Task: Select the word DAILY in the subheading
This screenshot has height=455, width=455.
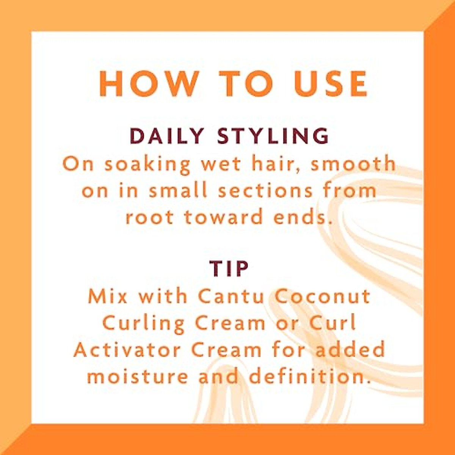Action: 167,136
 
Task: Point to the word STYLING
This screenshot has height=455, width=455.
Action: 273,136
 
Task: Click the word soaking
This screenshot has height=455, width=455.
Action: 147,165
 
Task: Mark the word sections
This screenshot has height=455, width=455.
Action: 266,190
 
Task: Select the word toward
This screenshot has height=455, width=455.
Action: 224,217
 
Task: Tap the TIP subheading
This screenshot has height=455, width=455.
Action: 229,268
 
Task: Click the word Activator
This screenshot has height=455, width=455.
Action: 127,350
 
